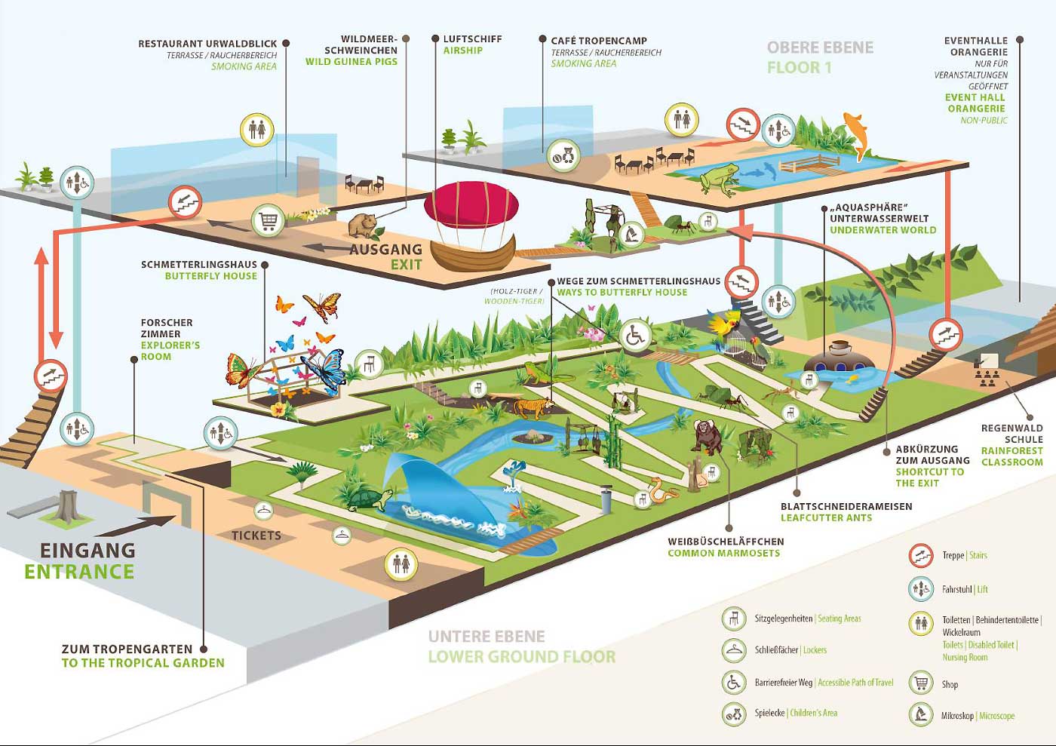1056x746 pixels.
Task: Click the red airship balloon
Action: pos(471,205)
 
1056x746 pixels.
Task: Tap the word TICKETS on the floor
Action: pos(256,536)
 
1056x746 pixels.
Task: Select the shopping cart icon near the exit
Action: pos(268,220)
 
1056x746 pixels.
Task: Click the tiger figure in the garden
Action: pos(534,407)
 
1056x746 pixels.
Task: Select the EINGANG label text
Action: pos(87,551)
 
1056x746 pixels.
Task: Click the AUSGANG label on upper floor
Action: pos(385,249)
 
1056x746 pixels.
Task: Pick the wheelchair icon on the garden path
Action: pos(635,336)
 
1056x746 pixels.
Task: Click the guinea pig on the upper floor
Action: pos(363,226)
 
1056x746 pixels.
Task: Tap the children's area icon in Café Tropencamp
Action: pos(563,155)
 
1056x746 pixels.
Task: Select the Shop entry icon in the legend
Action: pos(921,683)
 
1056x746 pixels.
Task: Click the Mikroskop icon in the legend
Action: pos(921,714)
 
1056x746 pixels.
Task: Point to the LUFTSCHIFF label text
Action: pos(472,38)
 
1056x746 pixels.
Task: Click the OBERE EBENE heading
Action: pos(821,48)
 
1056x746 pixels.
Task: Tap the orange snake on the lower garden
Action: pos(662,490)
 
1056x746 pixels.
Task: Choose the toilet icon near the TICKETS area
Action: pos(401,563)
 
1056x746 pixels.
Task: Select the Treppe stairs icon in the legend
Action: pos(921,555)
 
